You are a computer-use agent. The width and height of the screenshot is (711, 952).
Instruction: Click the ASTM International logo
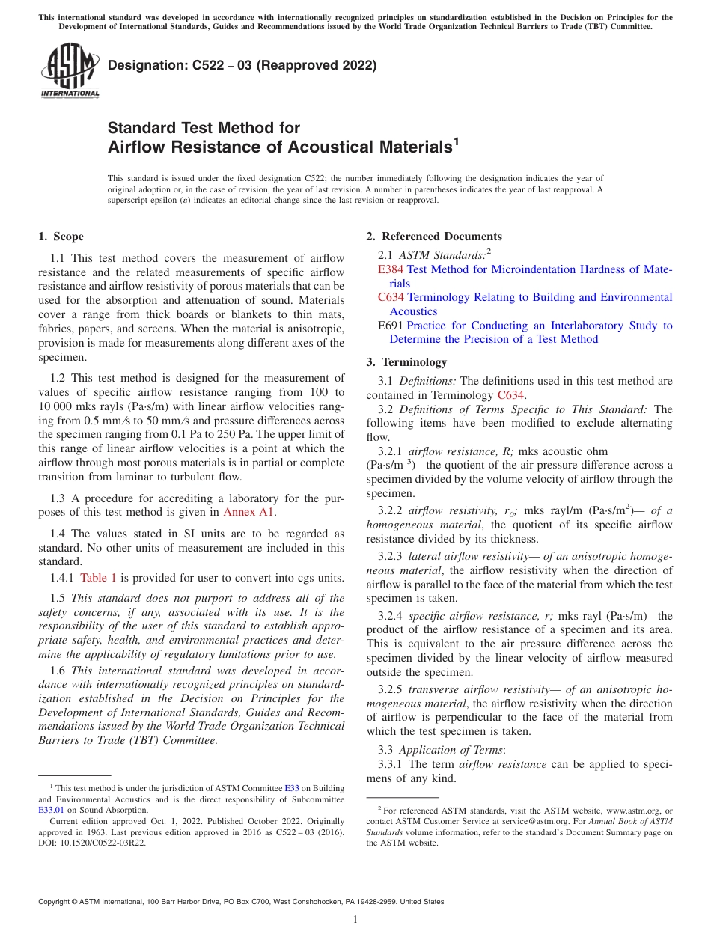70,71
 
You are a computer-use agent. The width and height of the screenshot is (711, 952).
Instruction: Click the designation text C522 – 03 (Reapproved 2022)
242,65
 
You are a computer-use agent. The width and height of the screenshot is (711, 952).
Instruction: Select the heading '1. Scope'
61,237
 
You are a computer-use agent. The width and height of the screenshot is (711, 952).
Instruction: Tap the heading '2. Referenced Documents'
434,237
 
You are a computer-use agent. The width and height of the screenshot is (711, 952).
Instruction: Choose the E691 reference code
391,326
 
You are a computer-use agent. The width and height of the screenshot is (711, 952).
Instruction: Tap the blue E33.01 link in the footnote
51,809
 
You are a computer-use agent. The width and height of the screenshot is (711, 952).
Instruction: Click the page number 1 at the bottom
355,919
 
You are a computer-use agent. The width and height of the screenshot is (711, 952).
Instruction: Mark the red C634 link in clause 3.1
511,395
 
